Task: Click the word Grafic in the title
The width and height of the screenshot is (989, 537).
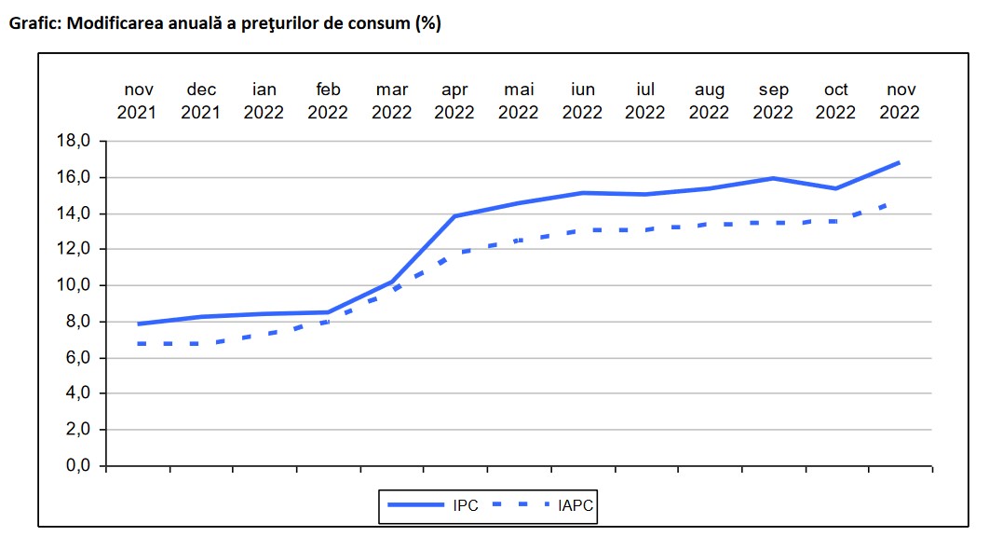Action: [x=34, y=24]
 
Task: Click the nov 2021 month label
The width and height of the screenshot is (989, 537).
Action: [x=139, y=101]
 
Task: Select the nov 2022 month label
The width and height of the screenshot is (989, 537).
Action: [x=900, y=101]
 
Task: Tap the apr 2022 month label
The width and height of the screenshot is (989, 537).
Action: [x=454, y=101]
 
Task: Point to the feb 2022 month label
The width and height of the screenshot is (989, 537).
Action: [x=328, y=101]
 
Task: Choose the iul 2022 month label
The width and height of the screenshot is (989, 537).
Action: [x=644, y=101]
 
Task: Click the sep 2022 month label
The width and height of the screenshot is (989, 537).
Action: [x=773, y=101]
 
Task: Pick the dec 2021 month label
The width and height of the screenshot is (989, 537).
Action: [x=201, y=101]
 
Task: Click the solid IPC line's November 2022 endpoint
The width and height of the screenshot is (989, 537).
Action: [x=899, y=163]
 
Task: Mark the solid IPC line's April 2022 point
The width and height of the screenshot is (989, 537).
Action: [x=454, y=216]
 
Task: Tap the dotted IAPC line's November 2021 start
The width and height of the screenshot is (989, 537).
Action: [x=139, y=344]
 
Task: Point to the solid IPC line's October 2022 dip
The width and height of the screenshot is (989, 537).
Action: [x=835, y=188]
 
